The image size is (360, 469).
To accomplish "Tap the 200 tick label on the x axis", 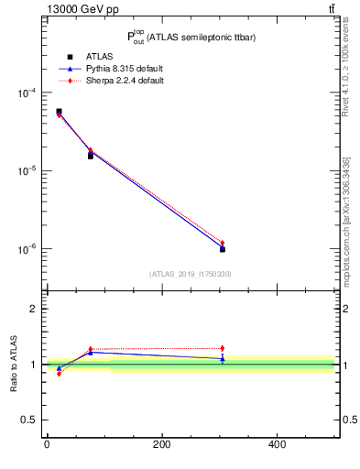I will (x=161, y=445).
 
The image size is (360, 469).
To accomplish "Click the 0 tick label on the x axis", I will (x=47, y=445).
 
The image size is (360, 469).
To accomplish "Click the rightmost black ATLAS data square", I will (x=223, y=249).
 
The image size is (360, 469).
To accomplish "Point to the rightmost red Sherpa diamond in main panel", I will (x=223, y=243).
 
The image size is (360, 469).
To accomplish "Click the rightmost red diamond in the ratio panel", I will (x=223, y=348).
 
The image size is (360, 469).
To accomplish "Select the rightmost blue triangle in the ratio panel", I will (x=223, y=359).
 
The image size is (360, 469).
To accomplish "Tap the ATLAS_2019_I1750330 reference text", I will (x=190, y=274).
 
